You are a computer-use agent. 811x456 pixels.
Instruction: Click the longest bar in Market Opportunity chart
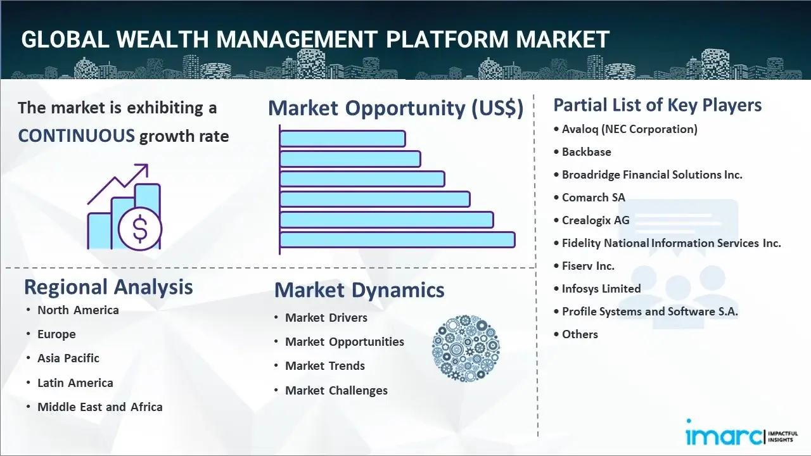(x=397, y=240)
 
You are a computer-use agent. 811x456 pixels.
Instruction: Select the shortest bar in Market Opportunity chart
(x=342, y=138)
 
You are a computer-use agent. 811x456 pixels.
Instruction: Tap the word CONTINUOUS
(x=76, y=136)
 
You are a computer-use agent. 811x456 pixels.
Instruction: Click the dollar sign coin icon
(x=140, y=229)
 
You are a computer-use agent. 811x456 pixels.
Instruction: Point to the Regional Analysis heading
(x=108, y=287)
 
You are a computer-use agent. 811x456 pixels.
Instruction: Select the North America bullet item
(x=78, y=310)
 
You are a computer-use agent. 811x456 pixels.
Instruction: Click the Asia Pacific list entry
(x=68, y=358)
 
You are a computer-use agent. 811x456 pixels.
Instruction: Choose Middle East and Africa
(x=100, y=407)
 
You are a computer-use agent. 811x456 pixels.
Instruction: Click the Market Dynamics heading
(x=359, y=290)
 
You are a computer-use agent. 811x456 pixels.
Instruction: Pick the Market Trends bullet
(x=325, y=366)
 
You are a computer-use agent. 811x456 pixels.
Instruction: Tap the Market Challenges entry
(x=336, y=391)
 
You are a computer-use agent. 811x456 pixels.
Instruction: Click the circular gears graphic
(x=466, y=348)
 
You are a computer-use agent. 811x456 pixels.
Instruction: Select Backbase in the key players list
(x=587, y=152)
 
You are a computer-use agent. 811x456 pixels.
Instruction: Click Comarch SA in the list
(x=594, y=198)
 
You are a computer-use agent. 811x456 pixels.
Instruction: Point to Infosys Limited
(x=601, y=289)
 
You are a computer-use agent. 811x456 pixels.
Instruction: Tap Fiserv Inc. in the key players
(x=588, y=266)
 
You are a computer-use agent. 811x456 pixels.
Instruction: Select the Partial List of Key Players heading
(x=657, y=105)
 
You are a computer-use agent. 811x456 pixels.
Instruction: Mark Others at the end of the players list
(x=580, y=334)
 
